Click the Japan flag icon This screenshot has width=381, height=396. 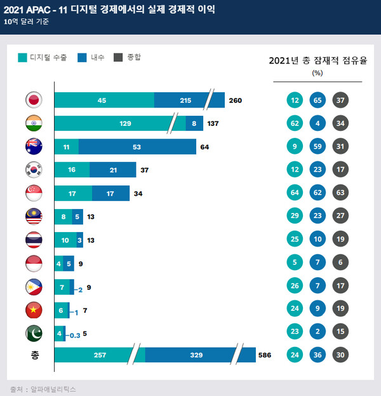point(34,100)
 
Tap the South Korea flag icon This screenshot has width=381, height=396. point(34,170)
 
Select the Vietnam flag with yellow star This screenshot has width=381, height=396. point(34,310)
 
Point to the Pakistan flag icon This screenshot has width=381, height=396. point(34,332)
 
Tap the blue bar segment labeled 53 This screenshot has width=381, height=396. point(137,147)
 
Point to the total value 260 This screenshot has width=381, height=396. point(236,100)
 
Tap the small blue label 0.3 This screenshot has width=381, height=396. point(75,333)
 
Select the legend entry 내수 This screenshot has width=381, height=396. point(91,58)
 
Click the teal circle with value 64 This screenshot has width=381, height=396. point(294,193)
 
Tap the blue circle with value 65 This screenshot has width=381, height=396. point(318,100)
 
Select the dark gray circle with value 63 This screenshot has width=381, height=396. point(342,193)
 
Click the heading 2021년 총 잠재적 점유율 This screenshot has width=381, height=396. point(318,61)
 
